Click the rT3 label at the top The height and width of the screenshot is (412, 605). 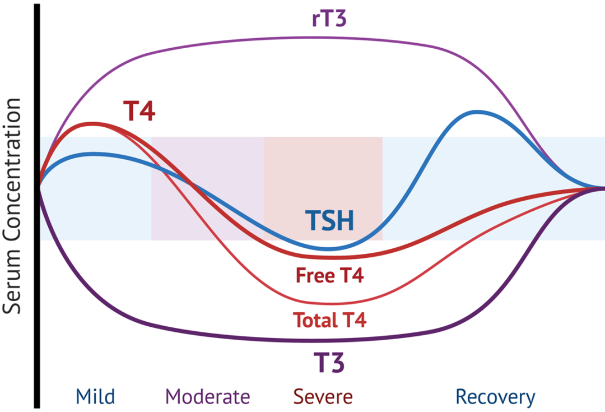[329, 19]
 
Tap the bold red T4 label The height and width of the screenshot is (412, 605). [139, 112]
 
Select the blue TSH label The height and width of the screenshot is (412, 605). [329, 220]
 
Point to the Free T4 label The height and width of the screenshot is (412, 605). [330, 276]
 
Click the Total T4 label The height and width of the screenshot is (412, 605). [329, 321]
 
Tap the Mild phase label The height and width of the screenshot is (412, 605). [95, 397]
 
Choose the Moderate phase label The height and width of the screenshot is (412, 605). [208, 397]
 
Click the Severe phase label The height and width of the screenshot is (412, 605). [323, 397]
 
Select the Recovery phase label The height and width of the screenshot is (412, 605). [495, 397]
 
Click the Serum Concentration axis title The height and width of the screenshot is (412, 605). [12, 206]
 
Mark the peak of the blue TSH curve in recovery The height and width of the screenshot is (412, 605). [477, 112]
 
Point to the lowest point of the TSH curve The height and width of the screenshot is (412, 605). [329, 249]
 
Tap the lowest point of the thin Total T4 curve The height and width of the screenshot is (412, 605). [325, 304]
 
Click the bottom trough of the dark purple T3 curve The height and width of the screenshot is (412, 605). [314, 340]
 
